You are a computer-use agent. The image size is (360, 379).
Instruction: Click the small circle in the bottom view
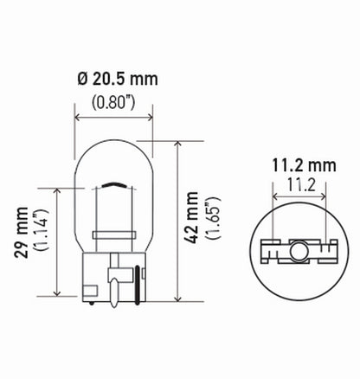(298, 251)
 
